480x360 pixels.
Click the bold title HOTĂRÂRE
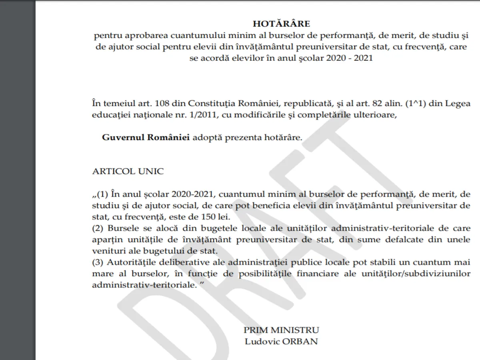pyautogui.click(x=281, y=24)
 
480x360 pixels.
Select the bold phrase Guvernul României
pyautogui.click(x=146, y=138)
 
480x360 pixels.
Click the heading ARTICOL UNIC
pyautogui.click(x=128, y=171)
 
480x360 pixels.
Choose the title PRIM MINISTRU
pyautogui.click(x=281, y=330)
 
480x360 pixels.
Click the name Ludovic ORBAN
pyautogui.click(x=281, y=342)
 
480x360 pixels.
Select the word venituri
pyautogui.click(x=107, y=251)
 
